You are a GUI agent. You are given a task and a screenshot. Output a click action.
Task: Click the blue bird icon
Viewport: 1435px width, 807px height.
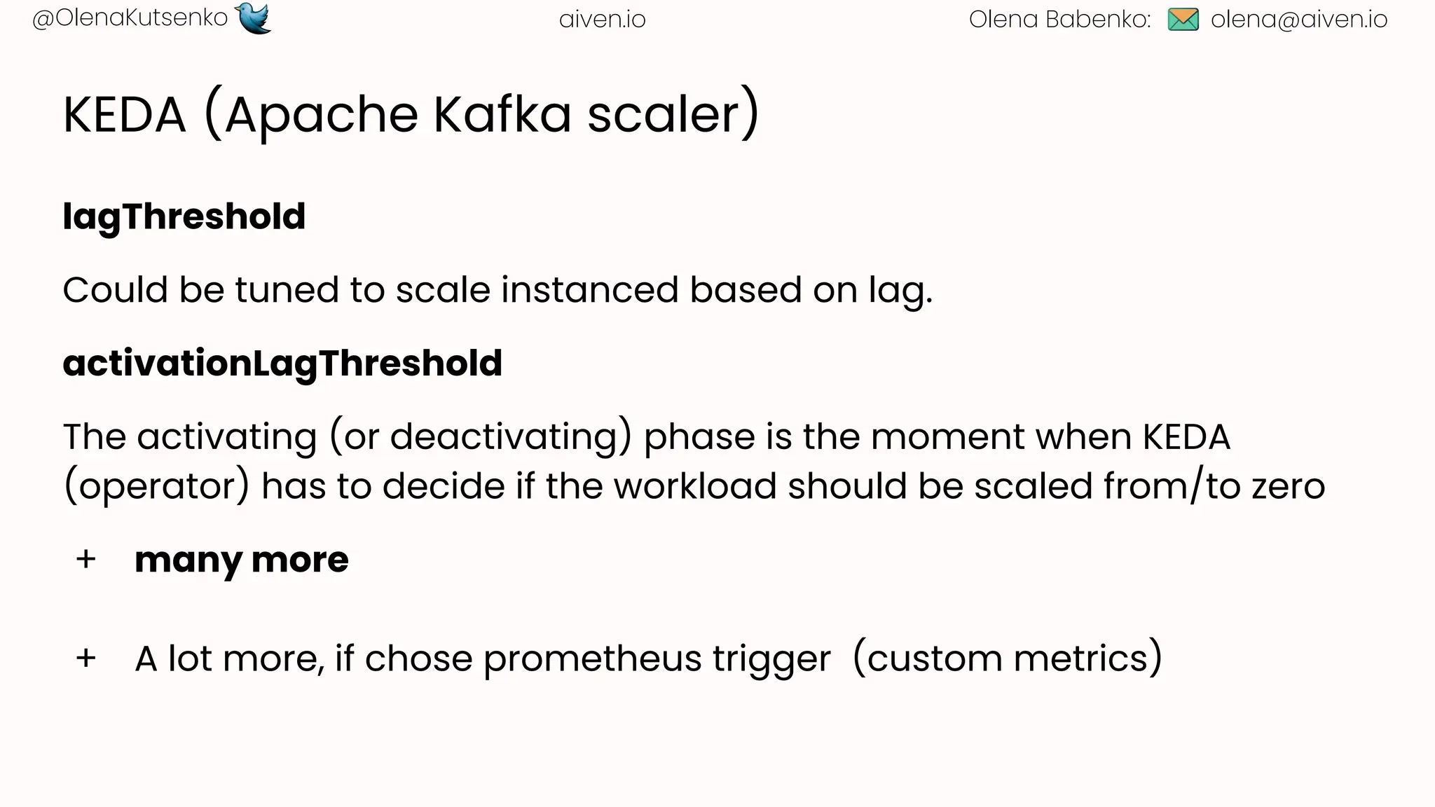point(254,18)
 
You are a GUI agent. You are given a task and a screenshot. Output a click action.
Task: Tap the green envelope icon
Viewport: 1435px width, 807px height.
point(1183,20)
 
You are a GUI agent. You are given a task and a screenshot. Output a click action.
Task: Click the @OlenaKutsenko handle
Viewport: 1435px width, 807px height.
point(130,18)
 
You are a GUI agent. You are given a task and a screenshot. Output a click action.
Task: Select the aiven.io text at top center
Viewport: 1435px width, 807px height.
point(602,20)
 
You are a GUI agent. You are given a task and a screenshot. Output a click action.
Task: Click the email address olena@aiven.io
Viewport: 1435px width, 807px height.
point(1298,20)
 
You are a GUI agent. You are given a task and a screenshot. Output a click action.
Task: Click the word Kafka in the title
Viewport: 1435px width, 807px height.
point(502,114)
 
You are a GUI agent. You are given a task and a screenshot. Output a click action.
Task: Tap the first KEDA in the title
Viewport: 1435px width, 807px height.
point(125,114)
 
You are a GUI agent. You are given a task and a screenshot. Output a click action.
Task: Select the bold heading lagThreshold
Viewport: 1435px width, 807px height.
point(184,216)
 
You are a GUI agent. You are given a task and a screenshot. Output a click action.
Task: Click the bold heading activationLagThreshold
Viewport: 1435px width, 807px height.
point(282,363)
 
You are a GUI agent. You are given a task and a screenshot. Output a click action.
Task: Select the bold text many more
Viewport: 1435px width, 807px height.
point(241,560)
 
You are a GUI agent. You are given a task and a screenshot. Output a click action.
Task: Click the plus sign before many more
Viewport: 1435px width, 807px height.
point(86,560)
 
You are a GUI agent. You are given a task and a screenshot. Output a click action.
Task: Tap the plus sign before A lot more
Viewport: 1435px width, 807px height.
point(86,658)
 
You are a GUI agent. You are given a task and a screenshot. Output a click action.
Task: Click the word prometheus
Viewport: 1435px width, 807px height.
point(592,659)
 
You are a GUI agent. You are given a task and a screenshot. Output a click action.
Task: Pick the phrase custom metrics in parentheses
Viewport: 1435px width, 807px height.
point(1008,658)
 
